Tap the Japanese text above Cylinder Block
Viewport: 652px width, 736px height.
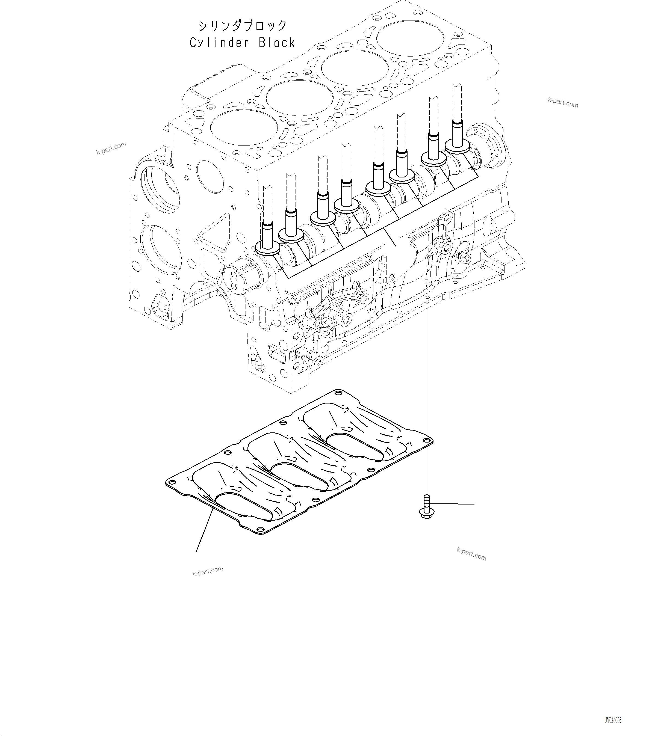click(242, 26)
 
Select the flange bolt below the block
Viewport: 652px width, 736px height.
click(426, 508)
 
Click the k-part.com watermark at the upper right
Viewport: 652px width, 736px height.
click(563, 102)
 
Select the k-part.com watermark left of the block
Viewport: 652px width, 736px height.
click(111, 148)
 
